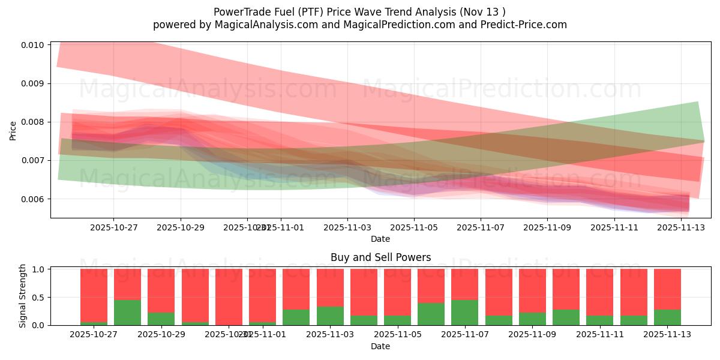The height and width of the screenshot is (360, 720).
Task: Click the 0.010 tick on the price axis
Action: (x=34, y=45)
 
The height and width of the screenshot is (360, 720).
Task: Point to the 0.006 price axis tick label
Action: (x=34, y=199)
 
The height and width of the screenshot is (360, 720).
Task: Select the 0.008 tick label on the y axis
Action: (x=34, y=122)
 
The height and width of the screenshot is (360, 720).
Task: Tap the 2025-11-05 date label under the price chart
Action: (x=413, y=228)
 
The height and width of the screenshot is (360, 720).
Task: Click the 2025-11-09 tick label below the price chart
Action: (x=547, y=228)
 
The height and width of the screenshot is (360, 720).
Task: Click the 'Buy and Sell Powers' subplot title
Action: (x=380, y=258)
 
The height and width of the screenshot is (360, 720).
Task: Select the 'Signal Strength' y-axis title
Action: (x=23, y=296)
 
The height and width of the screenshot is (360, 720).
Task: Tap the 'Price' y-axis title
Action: (x=13, y=130)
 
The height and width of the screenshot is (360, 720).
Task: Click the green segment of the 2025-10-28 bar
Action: (x=127, y=313)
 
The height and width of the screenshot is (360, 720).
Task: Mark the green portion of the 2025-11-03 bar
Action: (x=330, y=316)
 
